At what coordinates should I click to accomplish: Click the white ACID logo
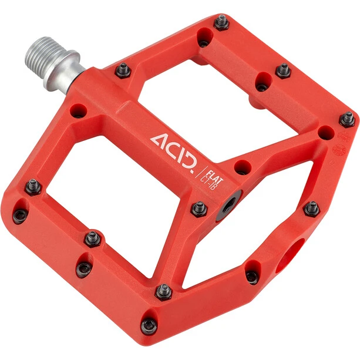click(174, 153)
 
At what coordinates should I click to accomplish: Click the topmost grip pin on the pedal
click(221, 22)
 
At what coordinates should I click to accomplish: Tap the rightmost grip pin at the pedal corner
click(348, 119)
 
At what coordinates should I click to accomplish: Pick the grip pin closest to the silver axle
click(123, 70)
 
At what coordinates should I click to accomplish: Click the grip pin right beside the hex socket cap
click(199, 209)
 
